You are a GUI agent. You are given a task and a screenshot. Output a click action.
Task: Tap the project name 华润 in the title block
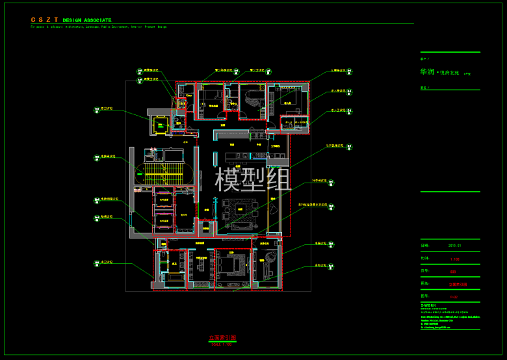427,72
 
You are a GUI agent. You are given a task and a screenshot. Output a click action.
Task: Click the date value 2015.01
454,246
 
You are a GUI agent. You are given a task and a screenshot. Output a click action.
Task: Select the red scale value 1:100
454,259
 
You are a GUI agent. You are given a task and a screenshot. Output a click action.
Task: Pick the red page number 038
453,271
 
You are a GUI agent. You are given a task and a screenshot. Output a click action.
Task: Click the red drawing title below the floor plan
222,338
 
